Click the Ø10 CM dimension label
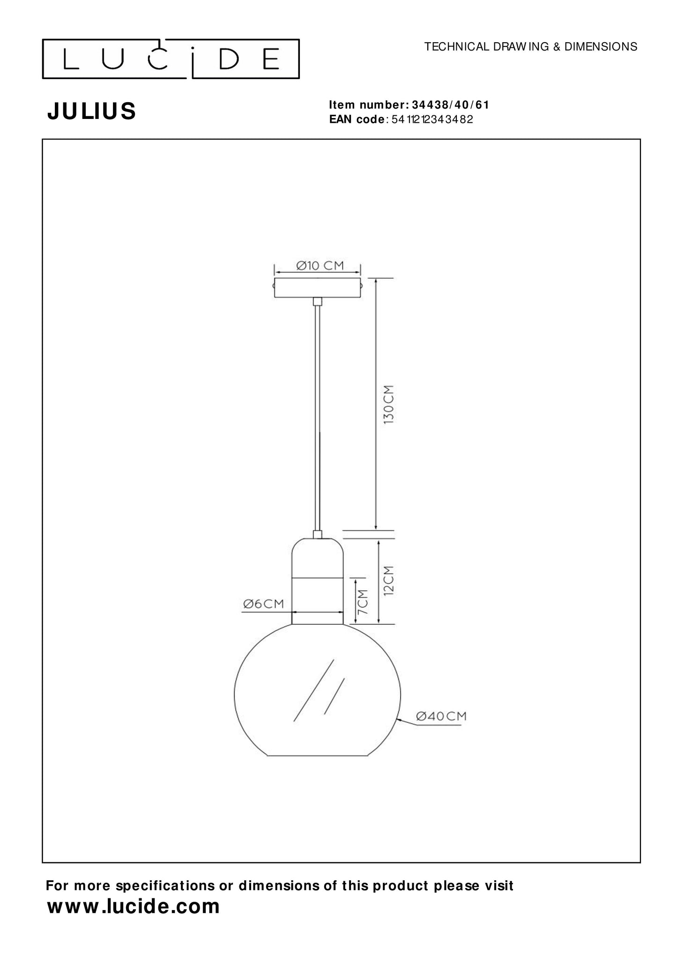pyautogui.click(x=320, y=266)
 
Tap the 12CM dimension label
pyautogui.click(x=389, y=580)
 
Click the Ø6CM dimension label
pyautogui.click(x=264, y=604)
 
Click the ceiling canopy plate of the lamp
pyautogui.click(x=317, y=288)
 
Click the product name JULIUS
pyautogui.click(x=92, y=111)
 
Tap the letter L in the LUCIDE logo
pyautogui.click(x=71, y=59)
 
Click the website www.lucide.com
pyautogui.click(x=134, y=906)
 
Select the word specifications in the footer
pyautogui.click(x=166, y=886)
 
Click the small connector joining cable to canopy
pyautogui.click(x=317, y=301)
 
